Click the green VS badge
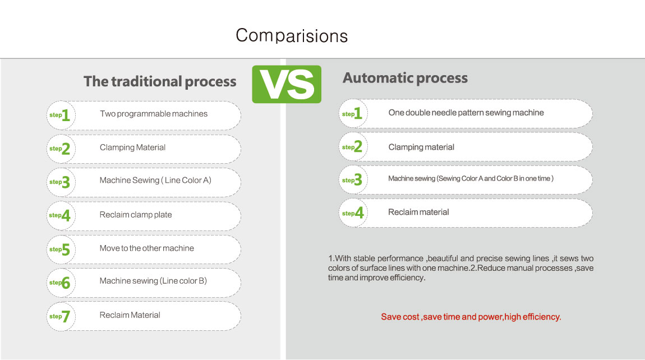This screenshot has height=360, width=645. click(287, 84)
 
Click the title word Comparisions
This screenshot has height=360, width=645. click(292, 36)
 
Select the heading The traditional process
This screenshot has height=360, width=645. click(160, 81)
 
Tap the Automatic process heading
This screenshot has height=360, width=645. click(405, 78)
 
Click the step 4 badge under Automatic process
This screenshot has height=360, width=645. click(353, 213)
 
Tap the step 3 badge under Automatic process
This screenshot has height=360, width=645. click(353, 180)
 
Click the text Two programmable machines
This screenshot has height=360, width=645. click(154, 114)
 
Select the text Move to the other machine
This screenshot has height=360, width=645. click(146, 248)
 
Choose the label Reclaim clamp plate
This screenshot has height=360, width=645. click(136, 215)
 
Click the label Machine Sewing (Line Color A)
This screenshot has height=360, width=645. click(155, 180)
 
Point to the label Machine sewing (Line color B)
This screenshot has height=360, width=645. click(153, 281)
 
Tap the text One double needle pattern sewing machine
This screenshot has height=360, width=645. click(466, 113)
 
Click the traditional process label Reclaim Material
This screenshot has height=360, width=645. click(130, 315)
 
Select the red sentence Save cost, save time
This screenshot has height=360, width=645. click(471, 317)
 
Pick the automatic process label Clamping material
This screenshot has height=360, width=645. click(421, 147)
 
